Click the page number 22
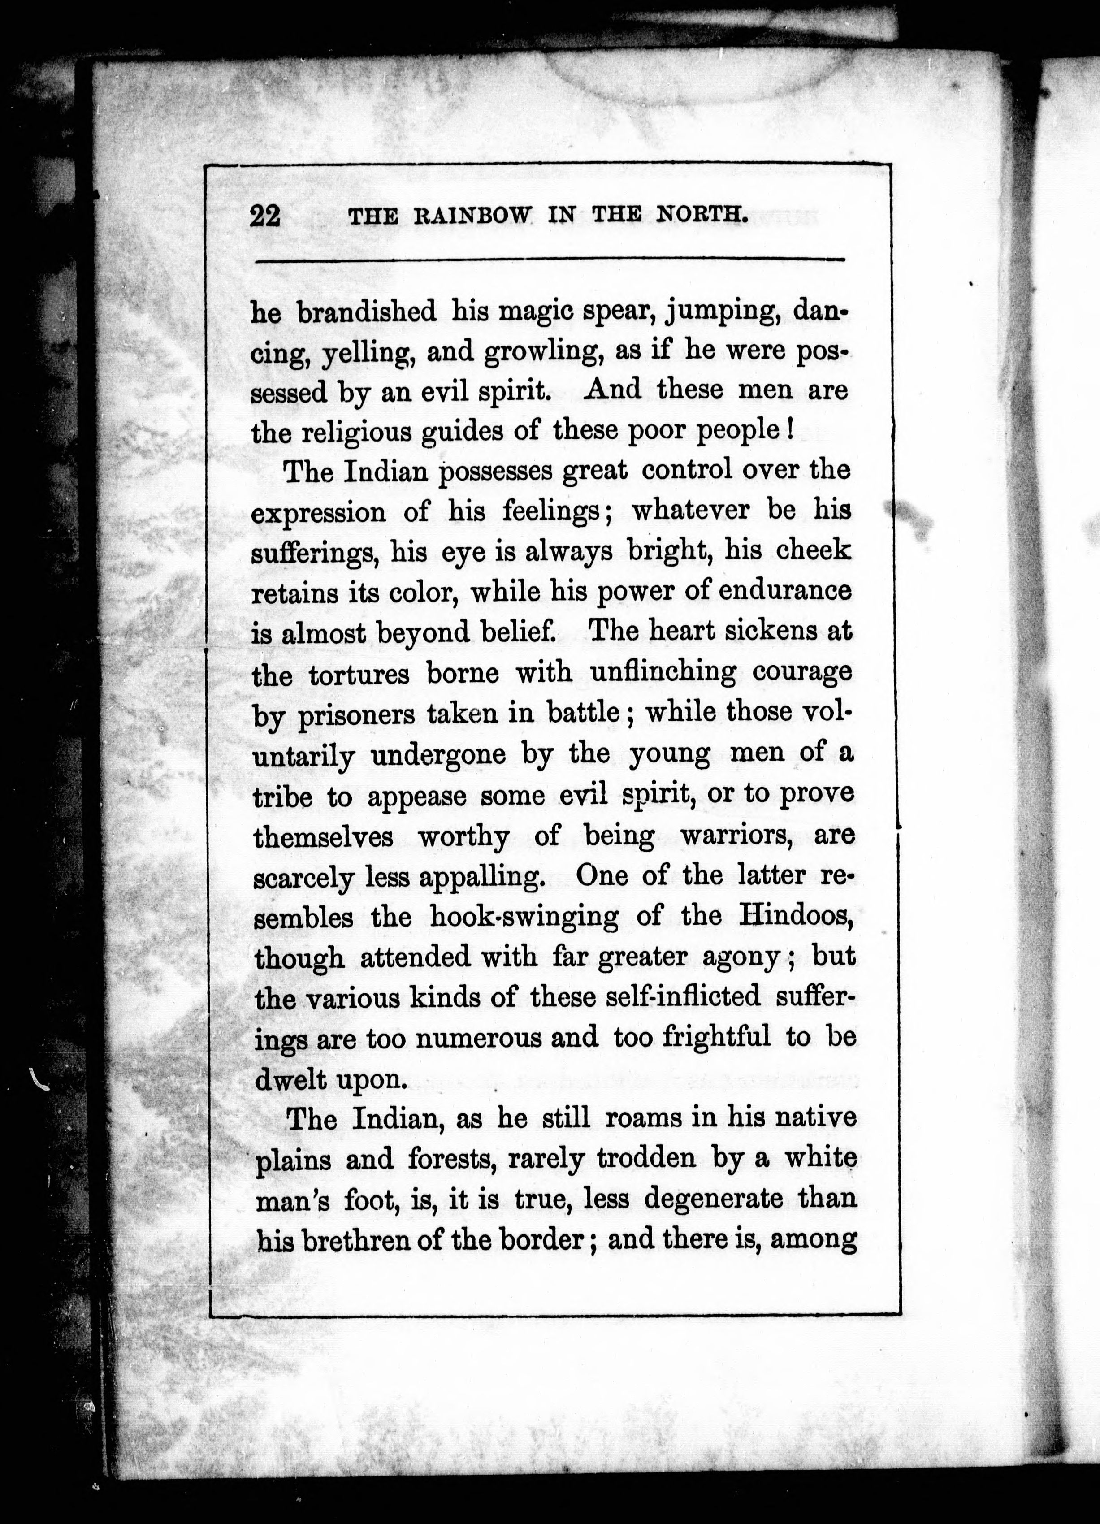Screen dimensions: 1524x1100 (265, 216)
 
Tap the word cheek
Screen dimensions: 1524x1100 (813, 550)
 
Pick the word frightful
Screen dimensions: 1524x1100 (716, 1038)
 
